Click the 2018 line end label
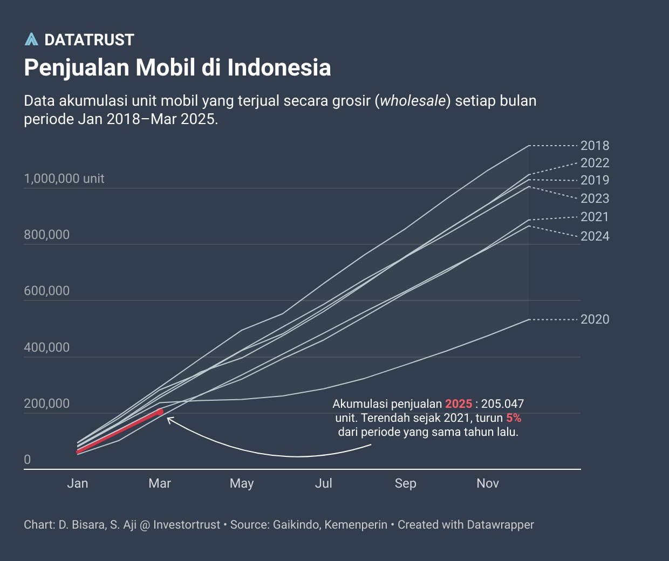(595, 146)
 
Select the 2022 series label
(595, 163)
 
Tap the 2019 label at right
(595, 180)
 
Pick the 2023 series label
(595, 199)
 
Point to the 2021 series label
(595, 217)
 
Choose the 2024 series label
(595, 236)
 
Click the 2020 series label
(595, 319)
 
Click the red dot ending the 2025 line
(160, 412)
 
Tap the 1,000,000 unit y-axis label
(64, 179)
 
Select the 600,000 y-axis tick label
(46, 291)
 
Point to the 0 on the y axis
(28, 460)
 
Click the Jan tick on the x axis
(78, 483)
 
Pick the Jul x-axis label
(324, 483)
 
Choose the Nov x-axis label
(488, 483)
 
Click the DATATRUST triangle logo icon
(31, 39)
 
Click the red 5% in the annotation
(514, 418)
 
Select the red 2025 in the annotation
(459, 404)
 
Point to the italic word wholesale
(413, 101)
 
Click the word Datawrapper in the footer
(500, 525)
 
